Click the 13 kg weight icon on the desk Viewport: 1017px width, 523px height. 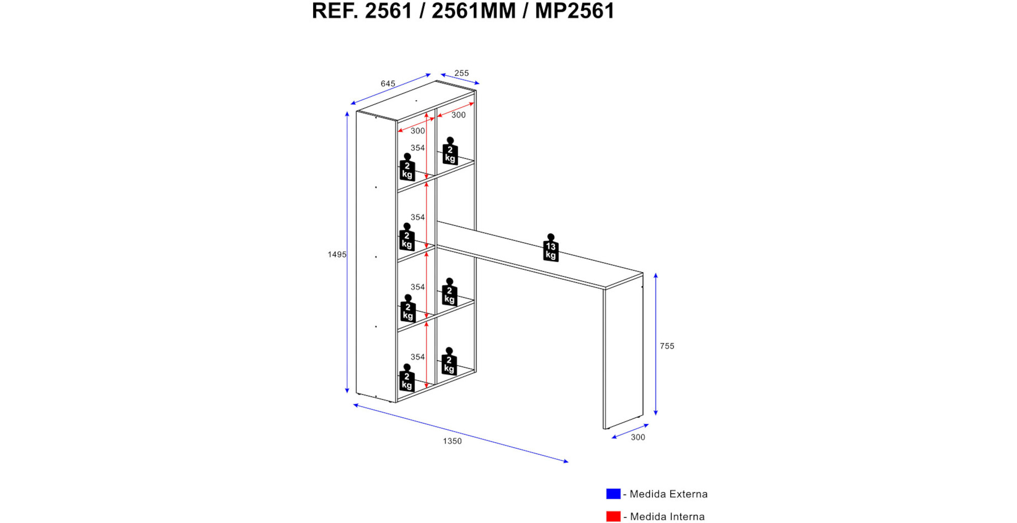point(551,248)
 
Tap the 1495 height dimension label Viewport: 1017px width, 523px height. point(337,254)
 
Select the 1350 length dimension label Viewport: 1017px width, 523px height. point(452,441)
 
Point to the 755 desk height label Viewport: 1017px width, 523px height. point(667,346)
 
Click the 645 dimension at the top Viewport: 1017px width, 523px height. point(388,83)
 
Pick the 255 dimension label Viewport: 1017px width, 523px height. point(462,73)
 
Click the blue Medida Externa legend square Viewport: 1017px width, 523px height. point(613,493)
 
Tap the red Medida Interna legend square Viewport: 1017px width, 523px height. point(613,516)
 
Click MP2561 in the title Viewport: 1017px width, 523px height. point(575,11)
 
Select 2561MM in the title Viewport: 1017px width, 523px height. point(473,11)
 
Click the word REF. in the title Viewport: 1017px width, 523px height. point(335,11)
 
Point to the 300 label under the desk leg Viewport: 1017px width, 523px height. point(638,437)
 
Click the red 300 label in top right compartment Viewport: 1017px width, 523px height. point(459,115)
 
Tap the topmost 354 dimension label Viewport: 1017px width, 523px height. point(417,148)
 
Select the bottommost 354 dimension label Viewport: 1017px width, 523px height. point(417,357)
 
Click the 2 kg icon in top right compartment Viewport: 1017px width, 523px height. point(450,151)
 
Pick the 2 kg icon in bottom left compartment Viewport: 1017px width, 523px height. point(407,377)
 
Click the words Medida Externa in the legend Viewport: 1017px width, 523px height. point(669,494)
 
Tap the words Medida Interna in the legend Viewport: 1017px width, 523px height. point(668,516)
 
